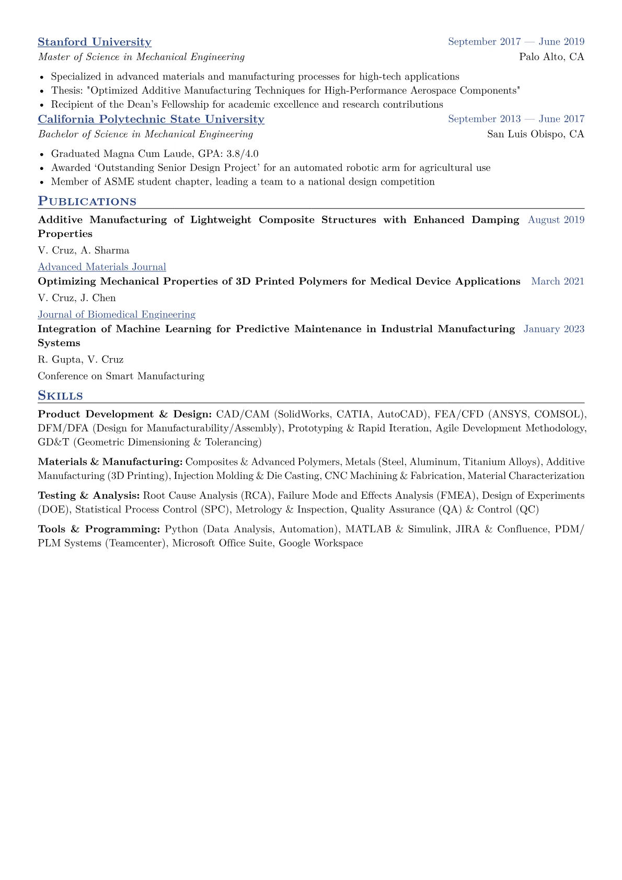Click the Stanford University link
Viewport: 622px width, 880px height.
(95, 42)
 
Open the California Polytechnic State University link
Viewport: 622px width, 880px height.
(151, 119)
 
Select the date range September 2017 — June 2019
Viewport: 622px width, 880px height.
(516, 42)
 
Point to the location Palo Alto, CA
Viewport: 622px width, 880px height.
(551, 56)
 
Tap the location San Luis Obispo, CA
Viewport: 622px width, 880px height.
(535, 134)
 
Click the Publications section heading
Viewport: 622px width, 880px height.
(87, 201)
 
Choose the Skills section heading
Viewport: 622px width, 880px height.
(60, 396)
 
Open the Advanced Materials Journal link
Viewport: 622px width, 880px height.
(102, 267)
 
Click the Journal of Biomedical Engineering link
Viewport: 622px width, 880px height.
(117, 315)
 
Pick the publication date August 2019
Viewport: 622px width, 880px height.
(556, 220)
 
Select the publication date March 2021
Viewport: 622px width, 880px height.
(558, 281)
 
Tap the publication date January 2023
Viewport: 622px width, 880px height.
(554, 329)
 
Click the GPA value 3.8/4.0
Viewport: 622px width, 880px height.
(243, 154)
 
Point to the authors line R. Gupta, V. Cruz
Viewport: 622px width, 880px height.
(80, 360)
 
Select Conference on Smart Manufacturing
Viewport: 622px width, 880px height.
(121, 376)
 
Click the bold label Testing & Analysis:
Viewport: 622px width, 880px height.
(89, 495)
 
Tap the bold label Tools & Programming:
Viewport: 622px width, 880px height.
(99, 529)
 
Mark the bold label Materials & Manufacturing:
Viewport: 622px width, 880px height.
(110, 462)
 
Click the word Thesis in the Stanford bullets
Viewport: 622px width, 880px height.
(65, 90)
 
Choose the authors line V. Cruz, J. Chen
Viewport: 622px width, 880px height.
(77, 298)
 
